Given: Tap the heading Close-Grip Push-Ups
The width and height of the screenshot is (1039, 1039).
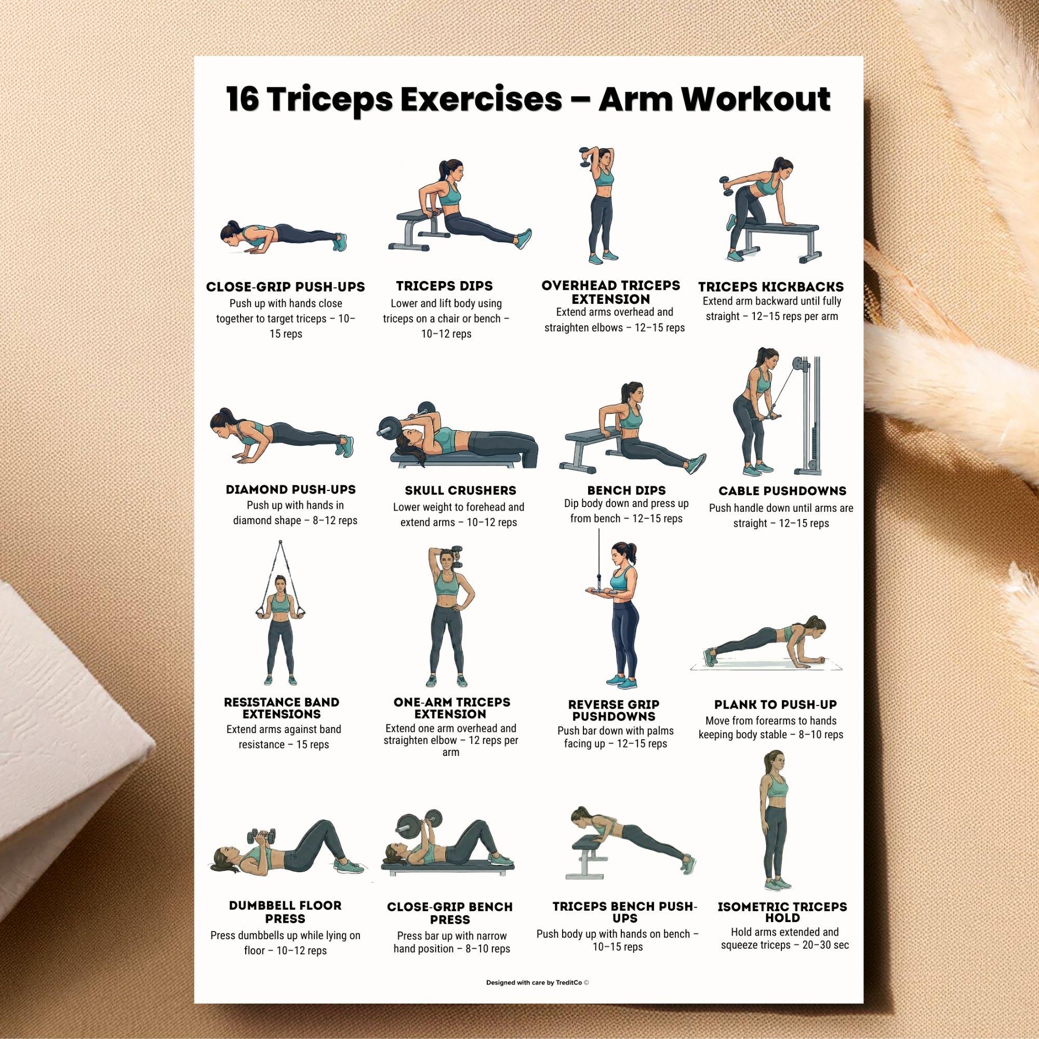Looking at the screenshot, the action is [286, 287].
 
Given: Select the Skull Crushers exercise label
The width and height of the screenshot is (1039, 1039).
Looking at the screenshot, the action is [460, 490].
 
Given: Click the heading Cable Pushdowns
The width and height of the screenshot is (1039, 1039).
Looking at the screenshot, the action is [782, 491].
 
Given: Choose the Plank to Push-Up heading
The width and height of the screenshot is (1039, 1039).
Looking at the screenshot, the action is [776, 704].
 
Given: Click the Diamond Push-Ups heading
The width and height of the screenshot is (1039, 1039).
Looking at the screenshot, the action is [291, 490].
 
